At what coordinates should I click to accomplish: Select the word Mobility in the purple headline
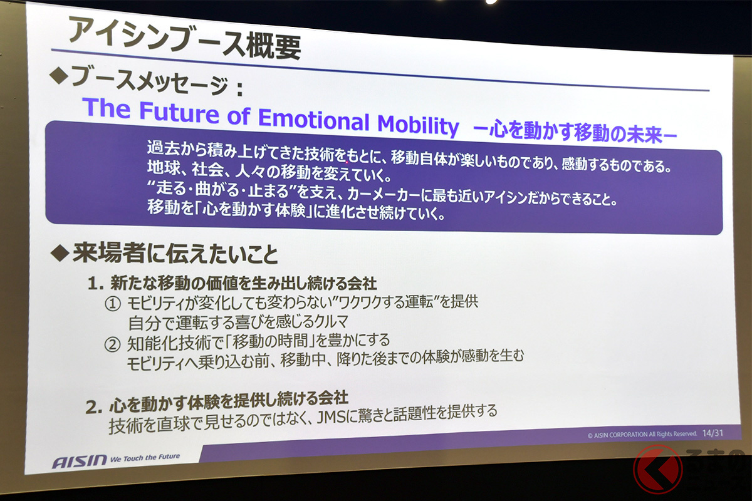tap(417, 125)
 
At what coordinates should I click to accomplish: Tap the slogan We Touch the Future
tap(145, 457)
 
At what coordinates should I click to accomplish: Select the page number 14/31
tap(713, 433)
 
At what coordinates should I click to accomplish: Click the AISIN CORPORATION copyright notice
tap(642, 434)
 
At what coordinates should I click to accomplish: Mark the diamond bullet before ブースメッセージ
tap(59, 76)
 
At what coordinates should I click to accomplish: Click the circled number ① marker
tap(112, 304)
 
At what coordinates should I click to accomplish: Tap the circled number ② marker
tap(112, 344)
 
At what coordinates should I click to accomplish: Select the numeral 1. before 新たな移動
tap(95, 284)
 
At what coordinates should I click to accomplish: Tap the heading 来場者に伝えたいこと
tap(175, 254)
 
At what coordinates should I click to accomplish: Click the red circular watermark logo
tap(658, 469)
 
